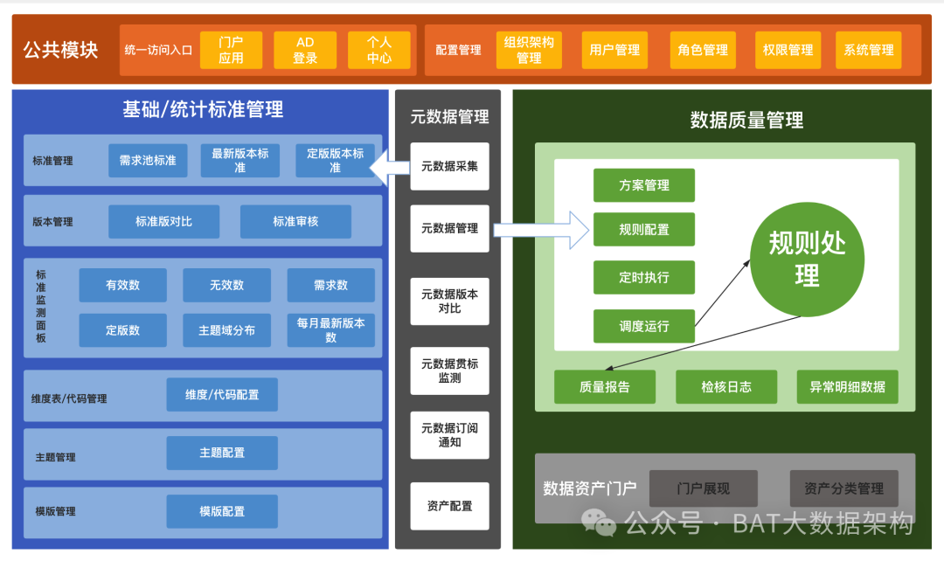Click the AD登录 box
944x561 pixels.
(305, 50)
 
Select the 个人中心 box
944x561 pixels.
(378, 50)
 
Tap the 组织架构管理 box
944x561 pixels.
(529, 50)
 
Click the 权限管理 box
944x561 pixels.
(788, 50)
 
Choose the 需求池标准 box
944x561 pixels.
(148, 161)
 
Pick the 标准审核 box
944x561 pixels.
(295, 222)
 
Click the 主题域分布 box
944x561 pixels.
(226, 330)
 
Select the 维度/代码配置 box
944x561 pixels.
(222, 395)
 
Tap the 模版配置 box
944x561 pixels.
(222, 511)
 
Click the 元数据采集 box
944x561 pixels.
(449, 166)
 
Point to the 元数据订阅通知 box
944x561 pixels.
(449, 435)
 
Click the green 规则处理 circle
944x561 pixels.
(807, 260)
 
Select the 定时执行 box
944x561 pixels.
(644, 277)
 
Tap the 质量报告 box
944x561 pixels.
(604, 387)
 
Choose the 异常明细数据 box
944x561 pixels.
(847, 387)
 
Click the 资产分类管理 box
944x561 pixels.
(843, 488)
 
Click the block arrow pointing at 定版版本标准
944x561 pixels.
(389, 166)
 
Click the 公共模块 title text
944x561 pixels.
(60, 50)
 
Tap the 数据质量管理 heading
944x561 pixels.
(746, 120)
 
